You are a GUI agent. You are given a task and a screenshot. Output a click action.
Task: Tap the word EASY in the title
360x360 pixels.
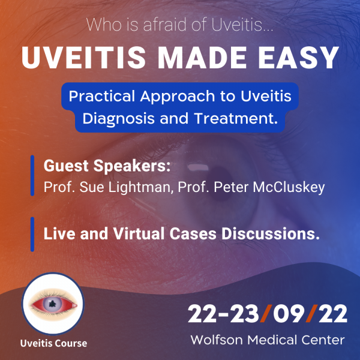(x=298, y=58)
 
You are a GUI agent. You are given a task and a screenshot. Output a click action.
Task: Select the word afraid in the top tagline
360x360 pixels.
(x=164, y=25)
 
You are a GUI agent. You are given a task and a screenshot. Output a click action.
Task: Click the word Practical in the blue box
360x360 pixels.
(x=102, y=97)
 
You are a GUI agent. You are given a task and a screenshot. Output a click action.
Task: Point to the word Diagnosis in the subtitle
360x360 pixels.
(x=118, y=119)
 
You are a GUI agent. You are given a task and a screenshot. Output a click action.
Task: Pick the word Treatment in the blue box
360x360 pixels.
(x=236, y=118)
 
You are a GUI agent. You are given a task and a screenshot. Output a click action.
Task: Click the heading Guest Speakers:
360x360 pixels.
(x=107, y=166)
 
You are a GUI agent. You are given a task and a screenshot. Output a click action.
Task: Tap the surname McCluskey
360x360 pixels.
(x=289, y=187)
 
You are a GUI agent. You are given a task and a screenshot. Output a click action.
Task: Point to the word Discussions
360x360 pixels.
(x=271, y=234)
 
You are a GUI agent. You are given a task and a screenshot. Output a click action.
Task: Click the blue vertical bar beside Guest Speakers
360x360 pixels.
(x=32, y=175)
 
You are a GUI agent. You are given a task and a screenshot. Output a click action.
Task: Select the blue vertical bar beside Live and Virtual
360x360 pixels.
(x=32, y=234)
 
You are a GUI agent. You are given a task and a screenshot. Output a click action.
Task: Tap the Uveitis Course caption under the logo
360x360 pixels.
(x=53, y=343)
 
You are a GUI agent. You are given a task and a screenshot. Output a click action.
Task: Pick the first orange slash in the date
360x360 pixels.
(x=266, y=314)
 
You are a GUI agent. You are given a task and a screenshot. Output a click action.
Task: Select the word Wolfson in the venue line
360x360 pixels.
(x=217, y=340)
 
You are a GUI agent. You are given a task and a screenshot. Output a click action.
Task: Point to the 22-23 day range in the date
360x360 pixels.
(x=223, y=314)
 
